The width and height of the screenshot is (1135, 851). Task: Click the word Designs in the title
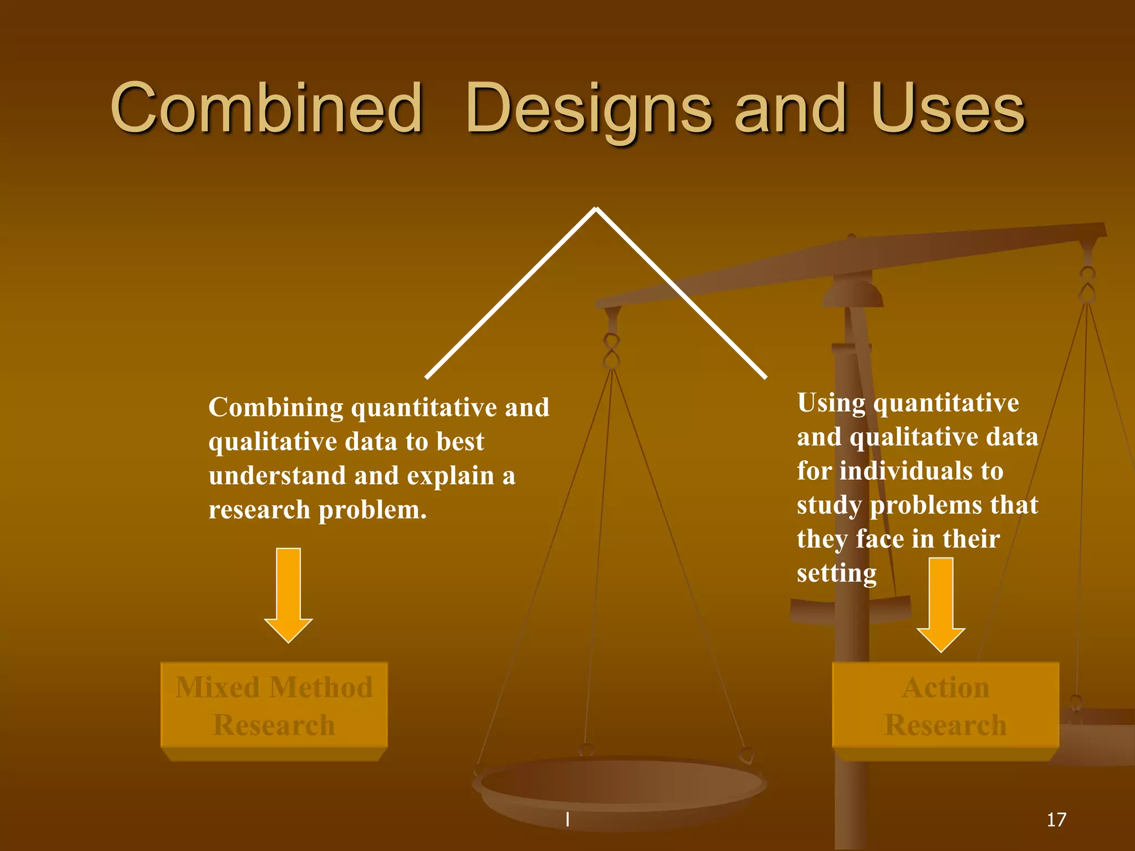(x=588, y=109)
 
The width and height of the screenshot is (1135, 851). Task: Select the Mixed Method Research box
(x=274, y=706)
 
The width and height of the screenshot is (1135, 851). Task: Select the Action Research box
(x=945, y=706)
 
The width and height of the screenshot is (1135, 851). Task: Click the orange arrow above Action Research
(x=940, y=604)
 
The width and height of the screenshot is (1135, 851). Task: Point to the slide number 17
(x=1056, y=819)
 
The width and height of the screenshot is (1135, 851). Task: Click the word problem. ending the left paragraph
(x=372, y=510)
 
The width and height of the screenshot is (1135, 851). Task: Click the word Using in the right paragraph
(x=831, y=403)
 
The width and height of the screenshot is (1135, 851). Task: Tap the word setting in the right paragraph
(x=836, y=573)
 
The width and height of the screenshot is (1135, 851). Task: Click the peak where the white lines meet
(x=596, y=209)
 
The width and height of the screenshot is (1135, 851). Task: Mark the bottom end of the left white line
(x=427, y=377)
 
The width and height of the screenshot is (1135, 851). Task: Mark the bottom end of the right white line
(x=765, y=377)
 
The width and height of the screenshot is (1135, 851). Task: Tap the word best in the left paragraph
(x=460, y=442)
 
